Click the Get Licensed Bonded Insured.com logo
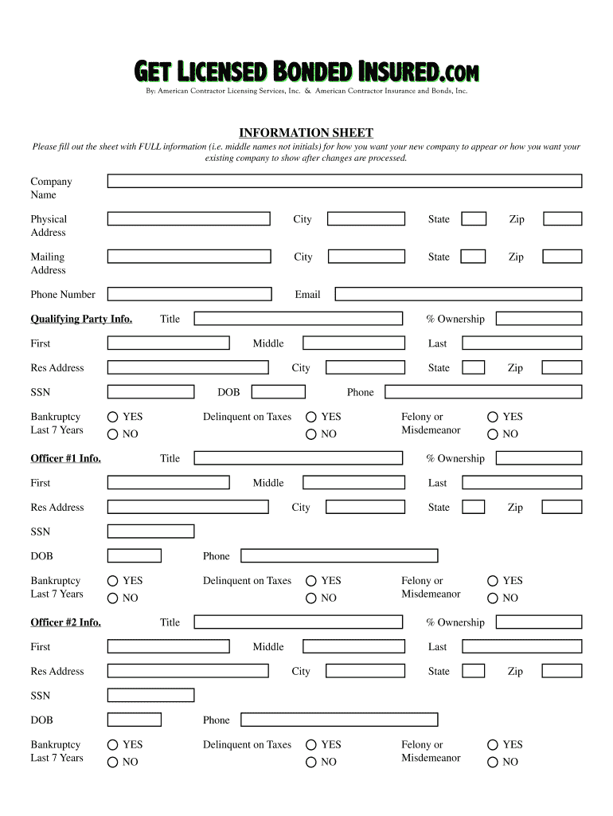click(x=306, y=73)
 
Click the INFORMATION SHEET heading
click(x=306, y=133)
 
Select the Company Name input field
click(x=345, y=182)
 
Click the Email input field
click(x=458, y=294)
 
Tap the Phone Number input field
click(x=189, y=294)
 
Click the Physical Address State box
click(x=474, y=219)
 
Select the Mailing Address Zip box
click(x=562, y=257)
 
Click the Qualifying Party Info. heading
click(x=81, y=319)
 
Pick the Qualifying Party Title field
click(x=298, y=319)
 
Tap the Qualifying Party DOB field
click(x=279, y=392)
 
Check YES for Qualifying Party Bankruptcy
click(x=113, y=417)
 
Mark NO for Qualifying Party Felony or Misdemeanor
click(x=494, y=434)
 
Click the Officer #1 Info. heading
click(x=65, y=458)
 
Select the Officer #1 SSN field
click(x=150, y=532)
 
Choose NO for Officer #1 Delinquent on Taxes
click(x=311, y=598)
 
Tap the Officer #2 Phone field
click(x=339, y=720)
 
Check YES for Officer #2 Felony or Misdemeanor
click(x=494, y=744)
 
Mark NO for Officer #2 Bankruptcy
click(x=113, y=762)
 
